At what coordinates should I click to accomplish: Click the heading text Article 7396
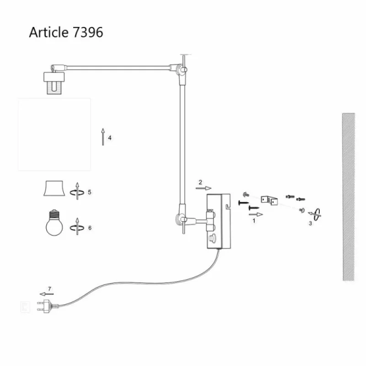66,32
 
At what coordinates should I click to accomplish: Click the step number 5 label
90,192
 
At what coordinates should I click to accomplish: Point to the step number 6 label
90,227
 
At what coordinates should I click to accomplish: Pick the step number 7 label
50,288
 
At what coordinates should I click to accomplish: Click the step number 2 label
200,182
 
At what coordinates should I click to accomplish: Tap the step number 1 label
253,221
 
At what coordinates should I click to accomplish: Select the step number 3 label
310,223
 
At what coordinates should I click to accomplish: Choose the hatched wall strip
348,197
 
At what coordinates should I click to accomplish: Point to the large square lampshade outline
54,134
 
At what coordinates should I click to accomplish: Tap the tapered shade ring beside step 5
54,188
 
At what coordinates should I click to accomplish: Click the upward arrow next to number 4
103,137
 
